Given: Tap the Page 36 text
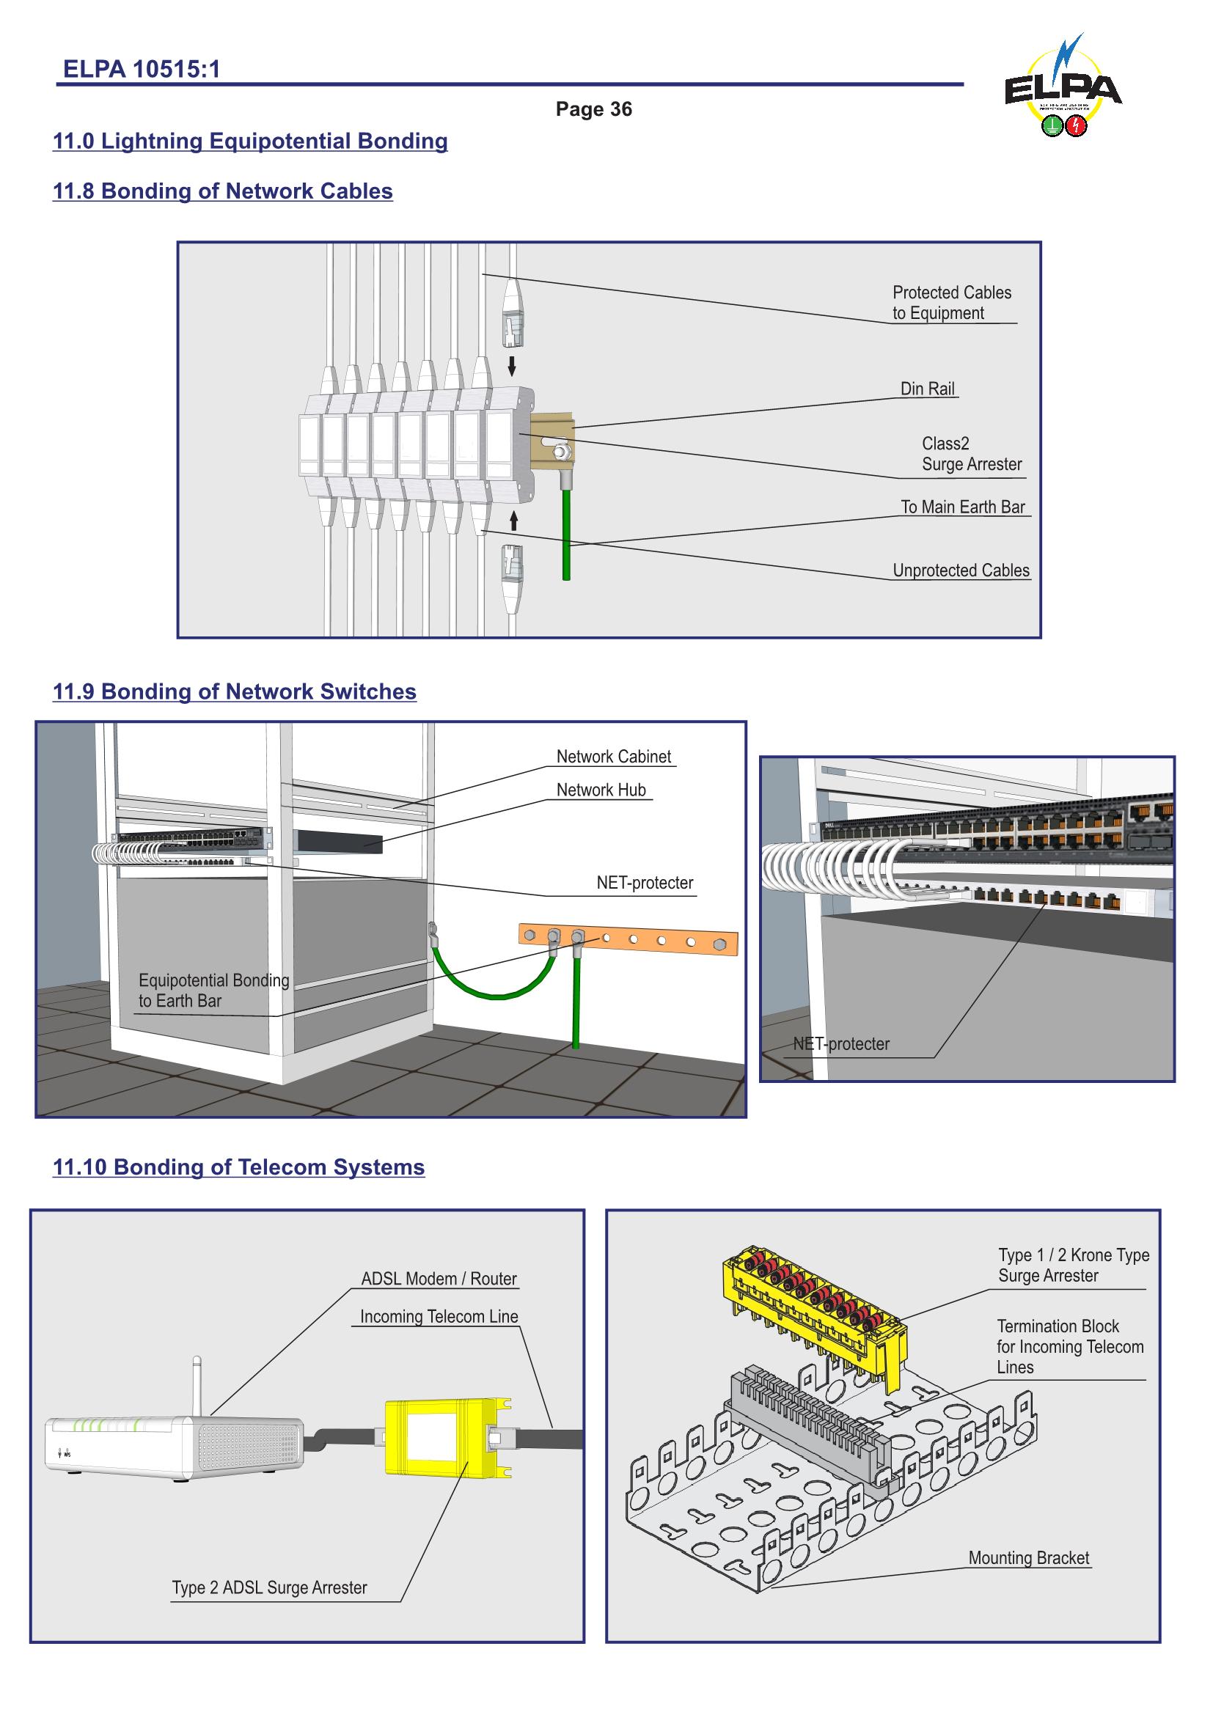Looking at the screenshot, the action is tap(593, 110).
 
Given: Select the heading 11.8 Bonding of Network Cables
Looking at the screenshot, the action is tap(223, 191).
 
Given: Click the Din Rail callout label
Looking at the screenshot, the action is tap(927, 389).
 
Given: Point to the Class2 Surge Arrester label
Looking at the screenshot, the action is tap(970, 454).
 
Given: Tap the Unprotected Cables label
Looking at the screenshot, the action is tap(961, 570).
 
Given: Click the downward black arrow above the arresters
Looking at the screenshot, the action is tap(512, 366).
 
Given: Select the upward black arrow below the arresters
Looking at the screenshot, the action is tap(514, 521).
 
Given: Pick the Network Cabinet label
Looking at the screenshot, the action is tap(613, 757).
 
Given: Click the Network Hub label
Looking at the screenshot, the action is tap(601, 790).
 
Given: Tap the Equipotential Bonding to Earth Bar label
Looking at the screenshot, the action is tap(213, 991).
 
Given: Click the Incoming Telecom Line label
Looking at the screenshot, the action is tap(439, 1317).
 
